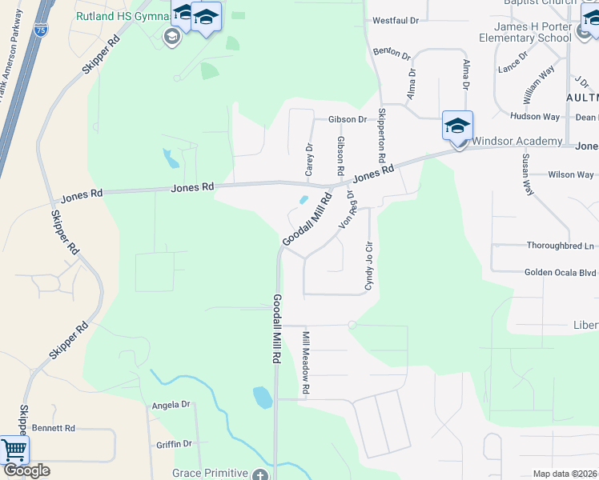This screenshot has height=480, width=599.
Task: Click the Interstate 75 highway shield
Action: coord(41,30)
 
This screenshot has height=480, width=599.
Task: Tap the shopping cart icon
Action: coord(14,450)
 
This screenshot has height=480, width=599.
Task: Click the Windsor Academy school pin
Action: coord(457,127)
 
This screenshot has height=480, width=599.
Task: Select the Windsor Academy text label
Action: coord(517,142)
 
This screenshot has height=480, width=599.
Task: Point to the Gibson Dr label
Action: coord(347,119)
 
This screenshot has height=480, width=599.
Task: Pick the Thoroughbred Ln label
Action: coord(561,246)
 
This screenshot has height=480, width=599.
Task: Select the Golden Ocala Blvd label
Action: coord(560,272)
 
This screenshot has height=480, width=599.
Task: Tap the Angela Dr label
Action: coord(171,406)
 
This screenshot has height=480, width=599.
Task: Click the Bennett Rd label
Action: coord(53,428)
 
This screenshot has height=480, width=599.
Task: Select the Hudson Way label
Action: coord(535,117)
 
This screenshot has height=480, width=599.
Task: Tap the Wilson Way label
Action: coord(570,174)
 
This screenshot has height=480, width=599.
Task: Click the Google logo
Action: coord(26,470)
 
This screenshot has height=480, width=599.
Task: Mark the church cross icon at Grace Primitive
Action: coord(259,475)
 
